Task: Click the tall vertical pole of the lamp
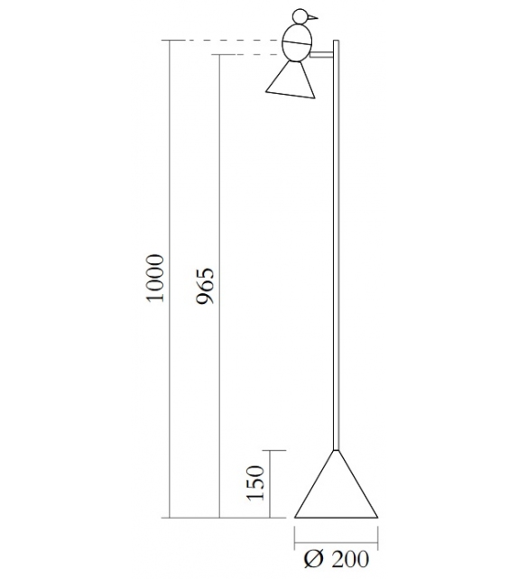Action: (x=337, y=253)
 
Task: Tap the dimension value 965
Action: (x=206, y=285)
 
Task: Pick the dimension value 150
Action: (x=255, y=483)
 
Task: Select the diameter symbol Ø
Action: (x=313, y=560)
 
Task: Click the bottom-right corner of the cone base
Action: (x=377, y=518)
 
